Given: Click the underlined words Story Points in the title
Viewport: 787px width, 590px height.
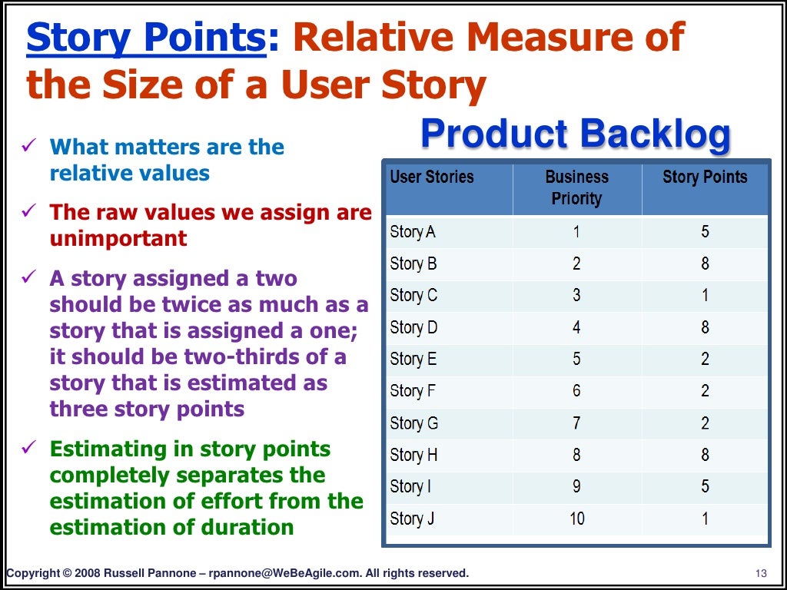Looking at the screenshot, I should [x=147, y=38].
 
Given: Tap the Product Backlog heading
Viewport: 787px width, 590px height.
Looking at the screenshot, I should [x=576, y=135].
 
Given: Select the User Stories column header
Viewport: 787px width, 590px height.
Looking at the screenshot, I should [x=432, y=177].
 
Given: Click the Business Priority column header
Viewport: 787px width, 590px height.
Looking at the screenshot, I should [x=576, y=188].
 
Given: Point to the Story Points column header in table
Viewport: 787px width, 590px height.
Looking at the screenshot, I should [x=705, y=177].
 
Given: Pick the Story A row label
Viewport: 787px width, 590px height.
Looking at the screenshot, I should [x=413, y=232].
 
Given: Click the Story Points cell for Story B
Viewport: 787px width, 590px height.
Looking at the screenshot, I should [x=705, y=264].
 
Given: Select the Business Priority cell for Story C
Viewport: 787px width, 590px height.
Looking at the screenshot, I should [x=576, y=296].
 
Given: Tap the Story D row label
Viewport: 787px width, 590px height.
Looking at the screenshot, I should [x=413, y=328].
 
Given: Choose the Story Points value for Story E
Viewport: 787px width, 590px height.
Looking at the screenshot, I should [x=705, y=360].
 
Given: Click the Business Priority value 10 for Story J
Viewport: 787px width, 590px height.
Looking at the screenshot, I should [x=576, y=519].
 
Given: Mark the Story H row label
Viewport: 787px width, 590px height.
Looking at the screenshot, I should [x=413, y=456].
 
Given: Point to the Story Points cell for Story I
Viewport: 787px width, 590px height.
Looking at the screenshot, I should [x=705, y=487].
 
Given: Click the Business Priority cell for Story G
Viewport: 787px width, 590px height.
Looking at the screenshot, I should [x=576, y=423].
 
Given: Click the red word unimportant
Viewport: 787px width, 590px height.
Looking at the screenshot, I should [x=118, y=239].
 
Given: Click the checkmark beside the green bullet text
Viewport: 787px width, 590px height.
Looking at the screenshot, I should [x=30, y=449].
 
